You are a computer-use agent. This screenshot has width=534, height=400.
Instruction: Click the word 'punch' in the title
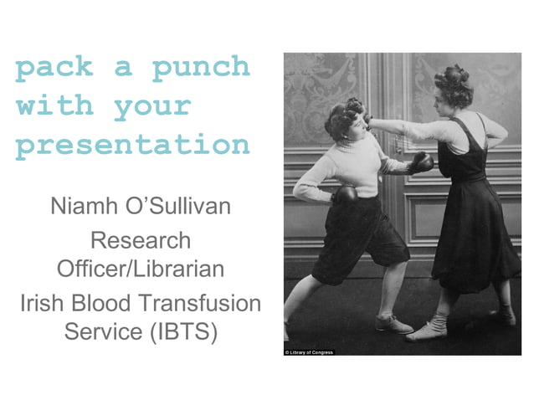pyautogui.click(x=200, y=68)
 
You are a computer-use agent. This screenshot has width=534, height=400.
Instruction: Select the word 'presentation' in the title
pyautogui.click(x=133, y=146)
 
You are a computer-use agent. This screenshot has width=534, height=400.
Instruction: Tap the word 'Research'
pyautogui.click(x=140, y=241)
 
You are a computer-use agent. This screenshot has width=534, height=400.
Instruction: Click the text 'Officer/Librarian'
pyautogui.click(x=140, y=269)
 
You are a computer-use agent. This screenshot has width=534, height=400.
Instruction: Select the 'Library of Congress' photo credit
pyautogui.click(x=309, y=352)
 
